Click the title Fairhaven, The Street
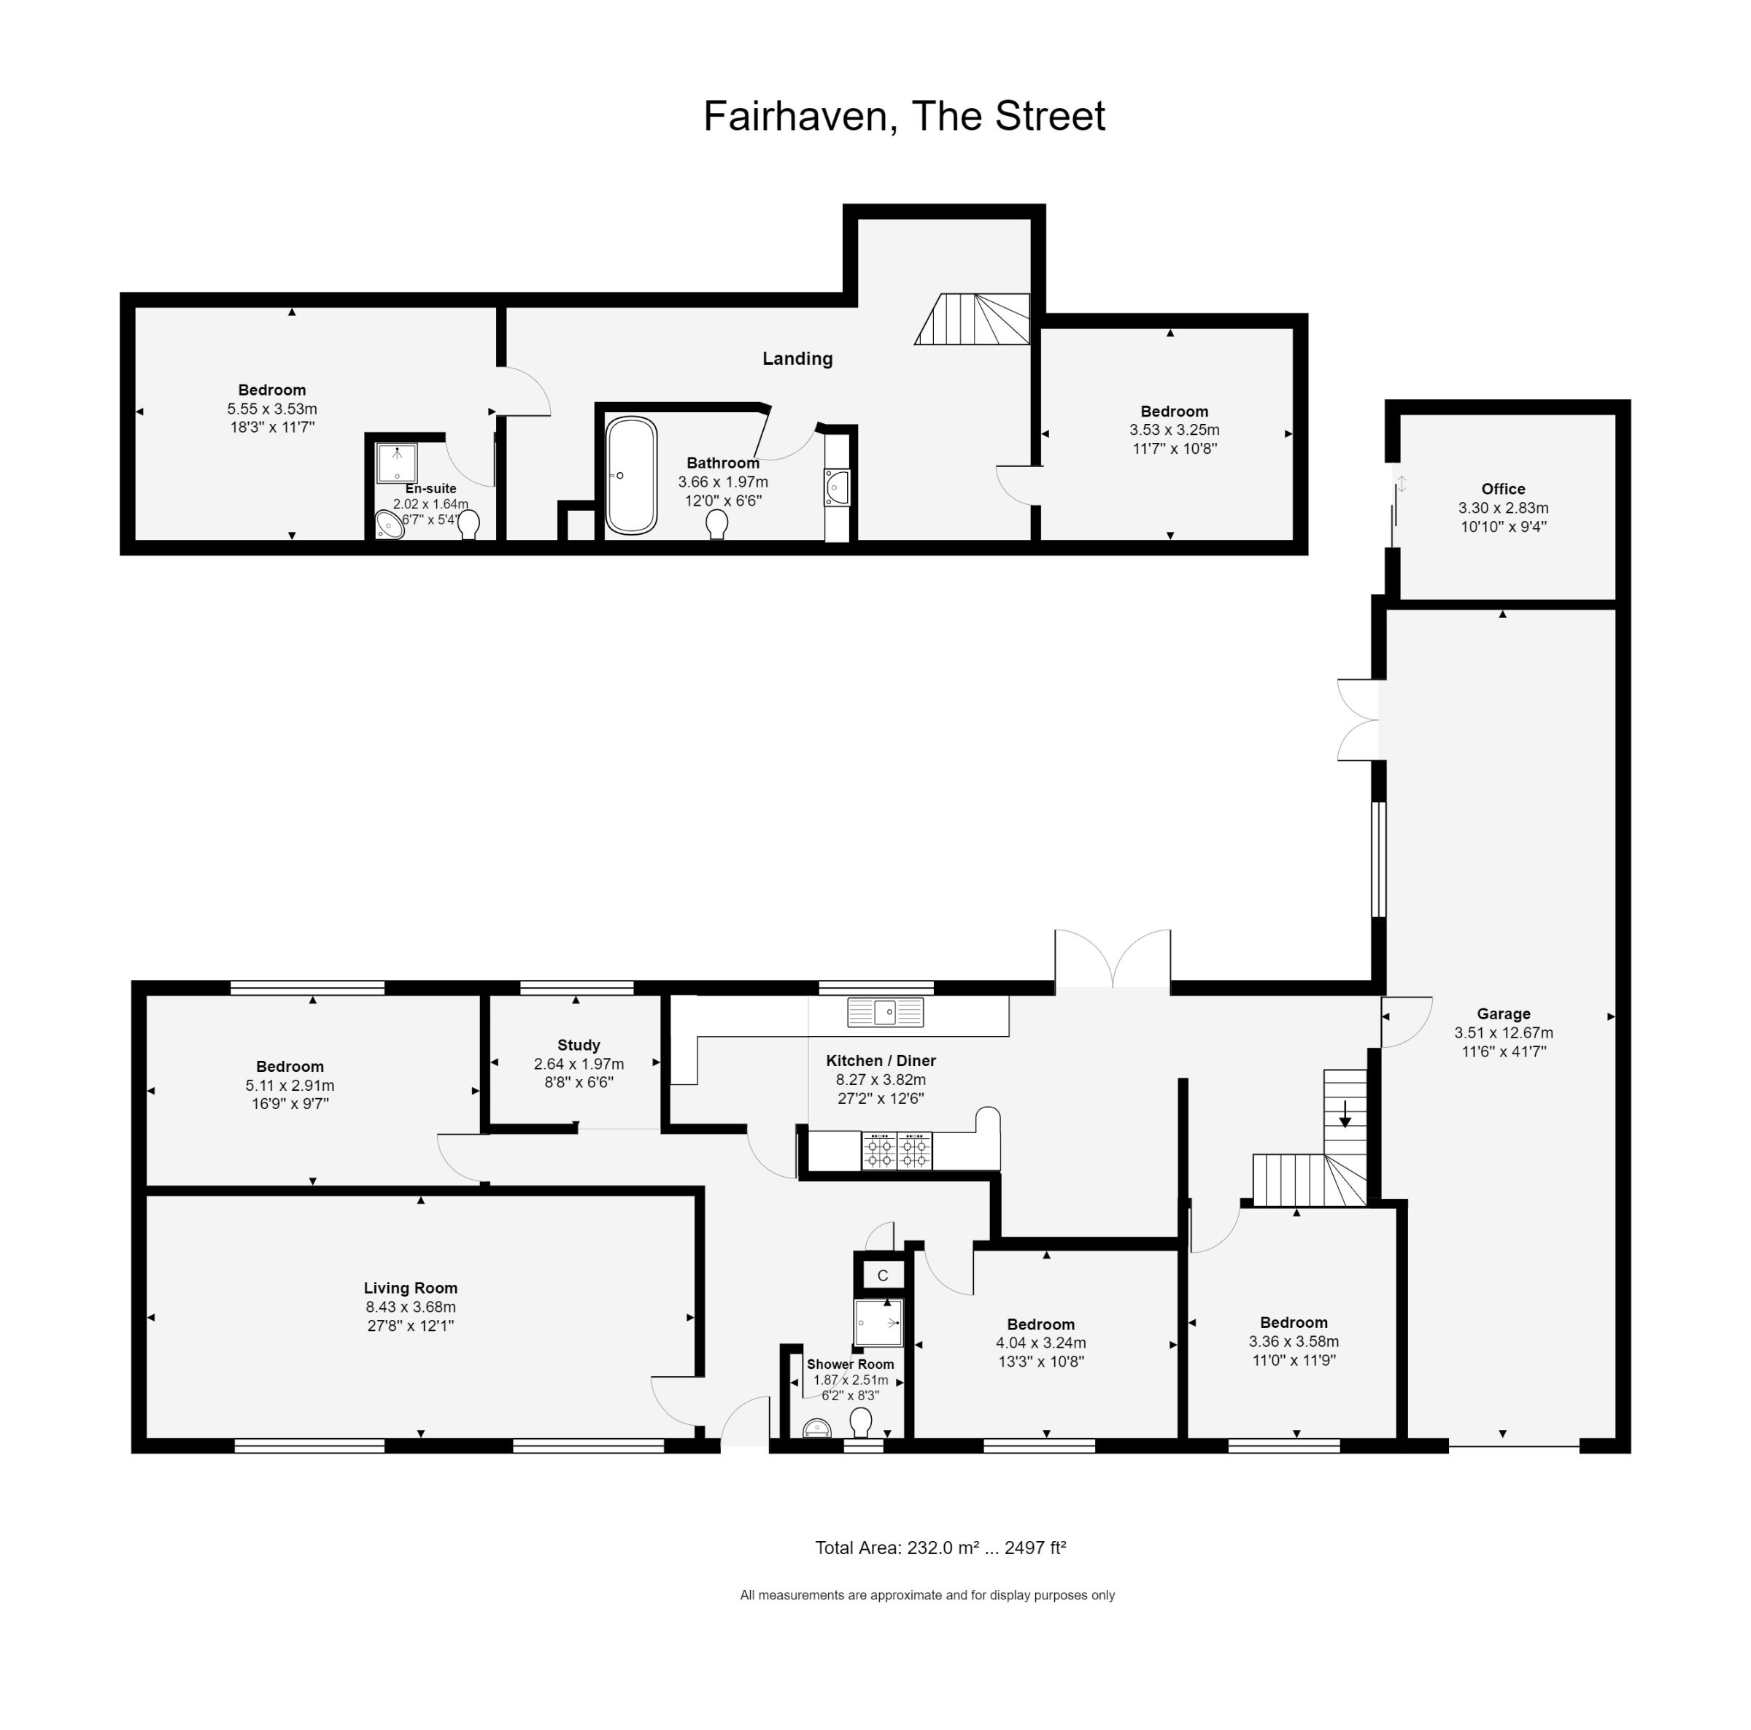[x=904, y=116]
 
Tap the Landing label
[x=797, y=358]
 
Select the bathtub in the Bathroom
[x=631, y=475]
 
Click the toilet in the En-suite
[x=468, y=524]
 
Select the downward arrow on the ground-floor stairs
[x=1345, y=1113]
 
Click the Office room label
[x=1503, y=488]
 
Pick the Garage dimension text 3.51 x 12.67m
[x=1503, y=1032]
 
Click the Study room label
[x=579, y=1045]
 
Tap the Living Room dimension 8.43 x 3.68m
[x=411, y=1307]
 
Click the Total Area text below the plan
[x=940, y=1548]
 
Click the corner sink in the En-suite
[x=390, y=525]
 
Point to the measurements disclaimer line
[x=927, y=1595]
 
